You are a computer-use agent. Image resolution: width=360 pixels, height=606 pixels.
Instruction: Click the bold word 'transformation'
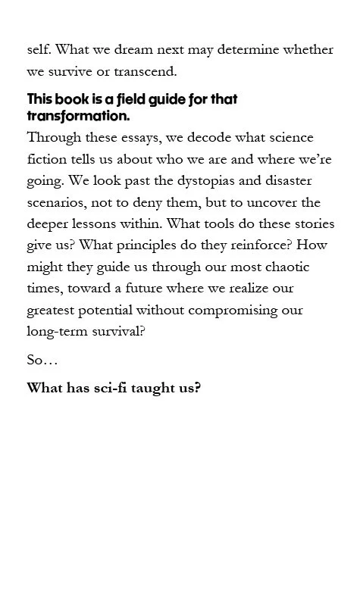(x=78, y=117)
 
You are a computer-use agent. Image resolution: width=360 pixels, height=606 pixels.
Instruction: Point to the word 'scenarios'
(x=58, y=204)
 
